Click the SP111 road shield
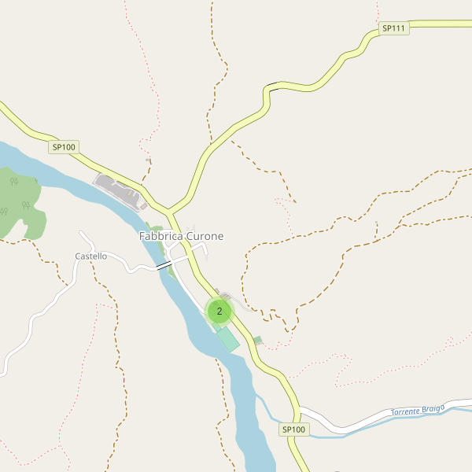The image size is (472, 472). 393,29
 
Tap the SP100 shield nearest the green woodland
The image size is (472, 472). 64,147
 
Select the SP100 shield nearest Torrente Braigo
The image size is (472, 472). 294,430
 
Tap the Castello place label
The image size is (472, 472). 90,256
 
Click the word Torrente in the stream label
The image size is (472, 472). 409,411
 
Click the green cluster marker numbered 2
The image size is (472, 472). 219,312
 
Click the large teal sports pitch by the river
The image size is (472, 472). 227,339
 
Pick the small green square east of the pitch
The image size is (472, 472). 257,341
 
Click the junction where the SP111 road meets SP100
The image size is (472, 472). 169,211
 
